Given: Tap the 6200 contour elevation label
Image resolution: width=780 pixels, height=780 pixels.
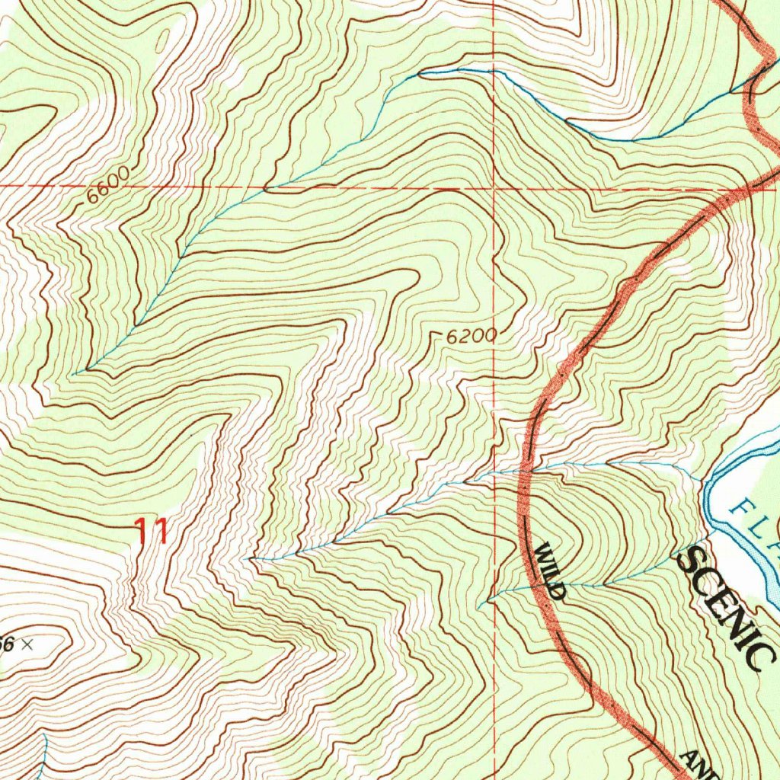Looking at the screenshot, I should [x=472, y=336].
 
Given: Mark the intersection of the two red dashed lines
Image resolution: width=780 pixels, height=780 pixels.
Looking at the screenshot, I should [x=494, y=187].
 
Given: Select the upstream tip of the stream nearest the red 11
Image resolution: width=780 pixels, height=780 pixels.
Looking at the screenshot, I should [x=251, y=559].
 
